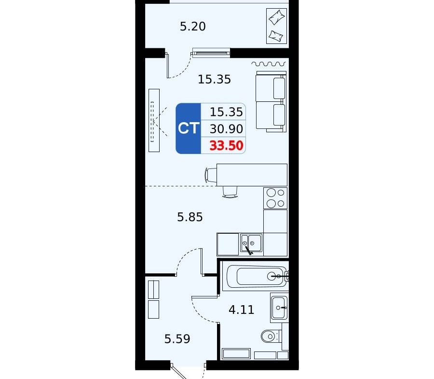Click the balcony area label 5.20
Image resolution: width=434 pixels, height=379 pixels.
pos(192,27)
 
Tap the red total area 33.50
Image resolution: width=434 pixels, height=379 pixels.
pos(227,145)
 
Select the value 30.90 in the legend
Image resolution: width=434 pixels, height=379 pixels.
pos(227,129)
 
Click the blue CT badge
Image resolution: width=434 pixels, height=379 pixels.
pos(188,128)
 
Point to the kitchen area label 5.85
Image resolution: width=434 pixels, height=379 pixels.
pos(190,217)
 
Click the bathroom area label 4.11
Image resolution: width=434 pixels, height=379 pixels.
pos(242,309)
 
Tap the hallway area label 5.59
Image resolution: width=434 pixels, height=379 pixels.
pos(177,339)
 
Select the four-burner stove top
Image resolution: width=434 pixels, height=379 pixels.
pos(275,198)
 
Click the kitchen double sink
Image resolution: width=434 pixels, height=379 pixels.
pos(251,243)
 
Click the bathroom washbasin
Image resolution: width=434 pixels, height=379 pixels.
pos(279,308)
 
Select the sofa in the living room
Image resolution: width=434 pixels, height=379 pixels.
pos(271,101)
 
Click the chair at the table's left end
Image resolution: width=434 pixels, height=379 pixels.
pos(211,175)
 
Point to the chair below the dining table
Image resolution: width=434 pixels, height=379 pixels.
pos(230,192)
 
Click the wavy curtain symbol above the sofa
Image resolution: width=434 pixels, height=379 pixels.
pos(268,64)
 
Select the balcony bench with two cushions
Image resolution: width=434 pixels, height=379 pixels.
pos(276,26)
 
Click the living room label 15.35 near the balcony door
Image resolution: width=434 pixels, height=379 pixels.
pos(214,80)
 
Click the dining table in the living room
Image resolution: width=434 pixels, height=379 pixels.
pos(252,175)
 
